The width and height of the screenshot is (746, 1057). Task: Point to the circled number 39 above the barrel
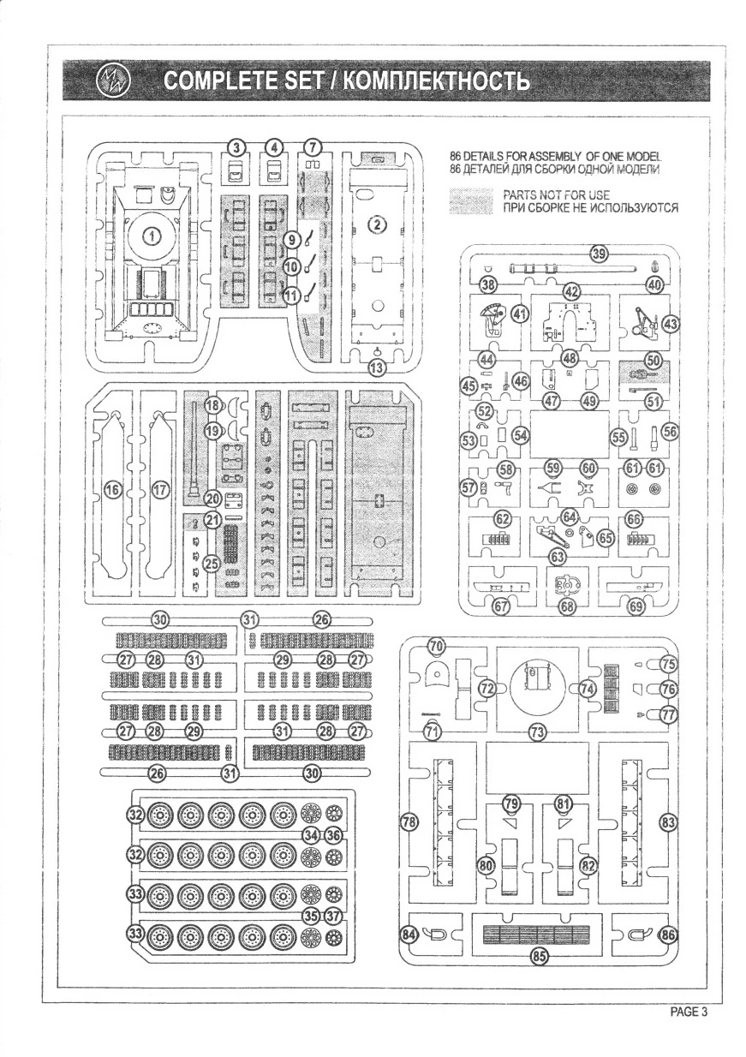(x=599, y=254)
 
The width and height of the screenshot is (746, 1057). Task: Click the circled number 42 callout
(x=571, y=291)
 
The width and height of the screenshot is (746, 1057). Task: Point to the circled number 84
(x=411, y=935)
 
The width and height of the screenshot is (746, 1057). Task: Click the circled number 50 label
(x=653, y=361)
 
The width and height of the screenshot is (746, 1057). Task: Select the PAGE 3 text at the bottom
(x=688, y=1011)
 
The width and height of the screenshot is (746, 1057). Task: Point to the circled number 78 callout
(x=409, y=821)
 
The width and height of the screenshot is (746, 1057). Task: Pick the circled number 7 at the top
(x=313, y=147)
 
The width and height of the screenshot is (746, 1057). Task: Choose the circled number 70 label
(x=436, y=645)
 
